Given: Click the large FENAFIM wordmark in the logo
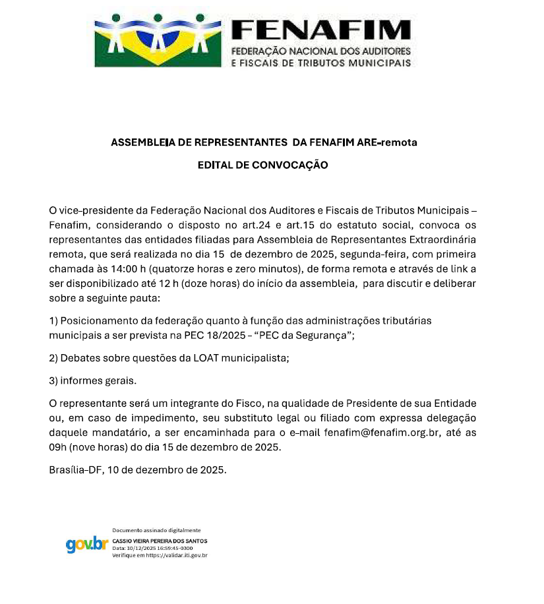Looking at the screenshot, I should tap(321, 30).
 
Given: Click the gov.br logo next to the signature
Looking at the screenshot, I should tap(87, 544).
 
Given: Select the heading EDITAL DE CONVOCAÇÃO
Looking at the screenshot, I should tap(262, 166).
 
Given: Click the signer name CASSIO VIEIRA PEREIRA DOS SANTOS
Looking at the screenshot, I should tap(160, 541).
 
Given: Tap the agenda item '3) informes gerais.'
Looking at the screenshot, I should tap(93, 380).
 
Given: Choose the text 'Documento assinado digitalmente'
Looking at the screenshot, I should tap(156, 530).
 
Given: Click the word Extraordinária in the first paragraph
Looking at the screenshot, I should tap(438, 239).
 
